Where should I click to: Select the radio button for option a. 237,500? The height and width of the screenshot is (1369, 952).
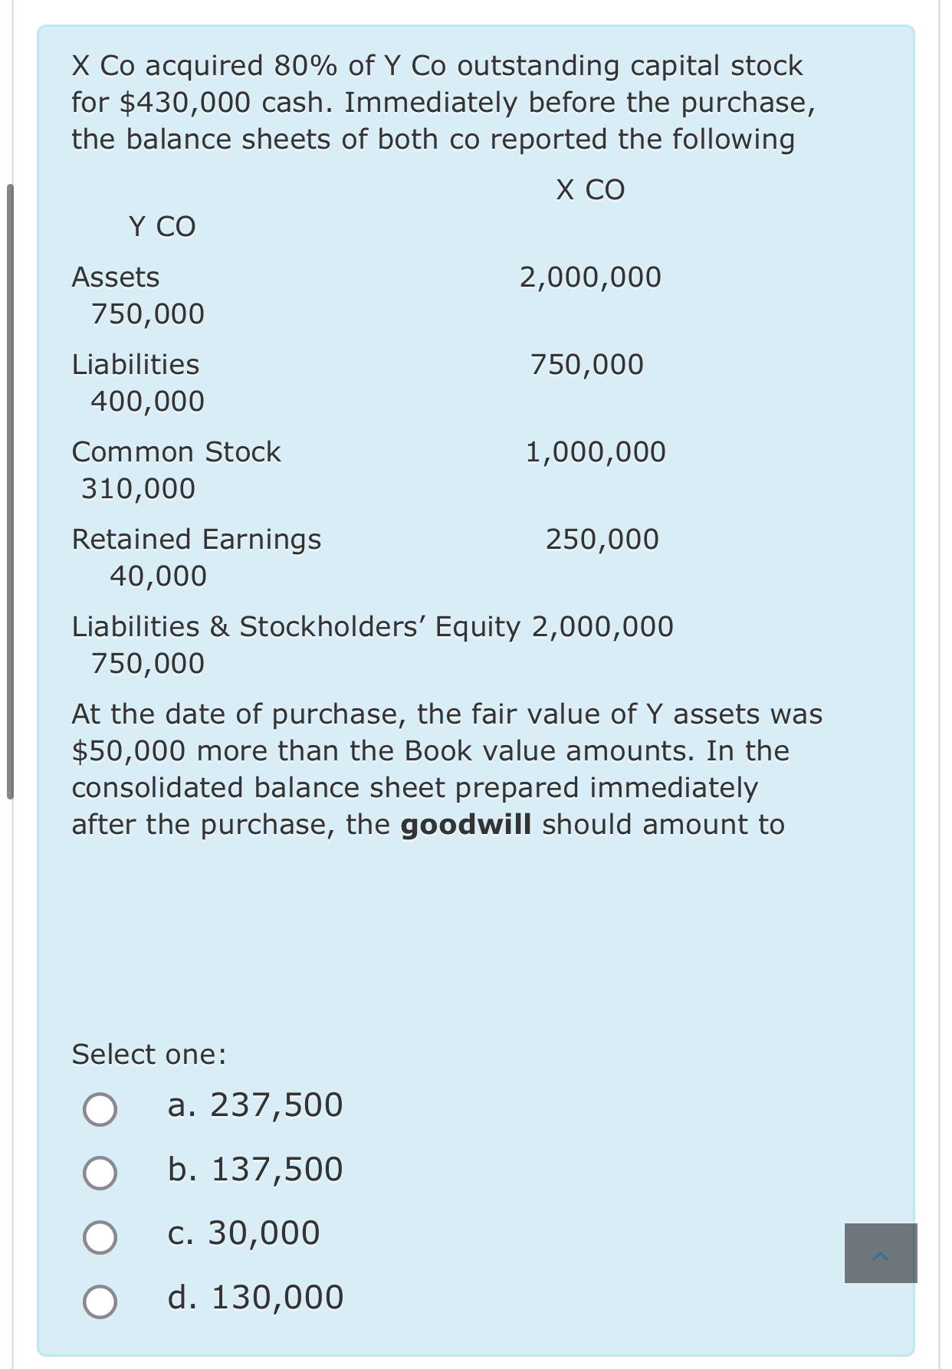(x=100, y=1109)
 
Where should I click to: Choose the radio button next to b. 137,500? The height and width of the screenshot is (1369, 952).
(x=100, y=1173)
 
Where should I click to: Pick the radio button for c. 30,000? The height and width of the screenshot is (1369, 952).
(x=100, y=1237)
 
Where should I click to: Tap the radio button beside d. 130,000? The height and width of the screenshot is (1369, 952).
(x=100, y=1302)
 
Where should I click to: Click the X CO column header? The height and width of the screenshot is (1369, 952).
(x=590, y=190)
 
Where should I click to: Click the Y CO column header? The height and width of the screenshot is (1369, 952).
(x=162, y=227)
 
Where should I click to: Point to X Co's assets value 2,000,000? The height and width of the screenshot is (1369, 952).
(x=590, y=277)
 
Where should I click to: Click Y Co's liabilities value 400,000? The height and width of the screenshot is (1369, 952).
(x=147, y=402)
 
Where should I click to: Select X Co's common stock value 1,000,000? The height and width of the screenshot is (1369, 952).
(x=596, y=452)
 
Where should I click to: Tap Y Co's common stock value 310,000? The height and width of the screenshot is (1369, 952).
(x=139, y=489)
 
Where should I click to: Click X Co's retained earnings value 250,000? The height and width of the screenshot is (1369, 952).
(x=602, y=540)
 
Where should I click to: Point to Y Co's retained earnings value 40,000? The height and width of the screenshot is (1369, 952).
(x=158, y=576)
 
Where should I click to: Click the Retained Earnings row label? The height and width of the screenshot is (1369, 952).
(x=196, y=540)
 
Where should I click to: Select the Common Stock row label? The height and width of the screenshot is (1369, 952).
(x=176, y=452)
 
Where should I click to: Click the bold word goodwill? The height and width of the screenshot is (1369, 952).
(x=465, y=825)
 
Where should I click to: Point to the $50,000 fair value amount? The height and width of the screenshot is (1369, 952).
(x=128, y=751)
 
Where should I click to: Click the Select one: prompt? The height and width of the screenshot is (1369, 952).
(x=149, y=1055)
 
